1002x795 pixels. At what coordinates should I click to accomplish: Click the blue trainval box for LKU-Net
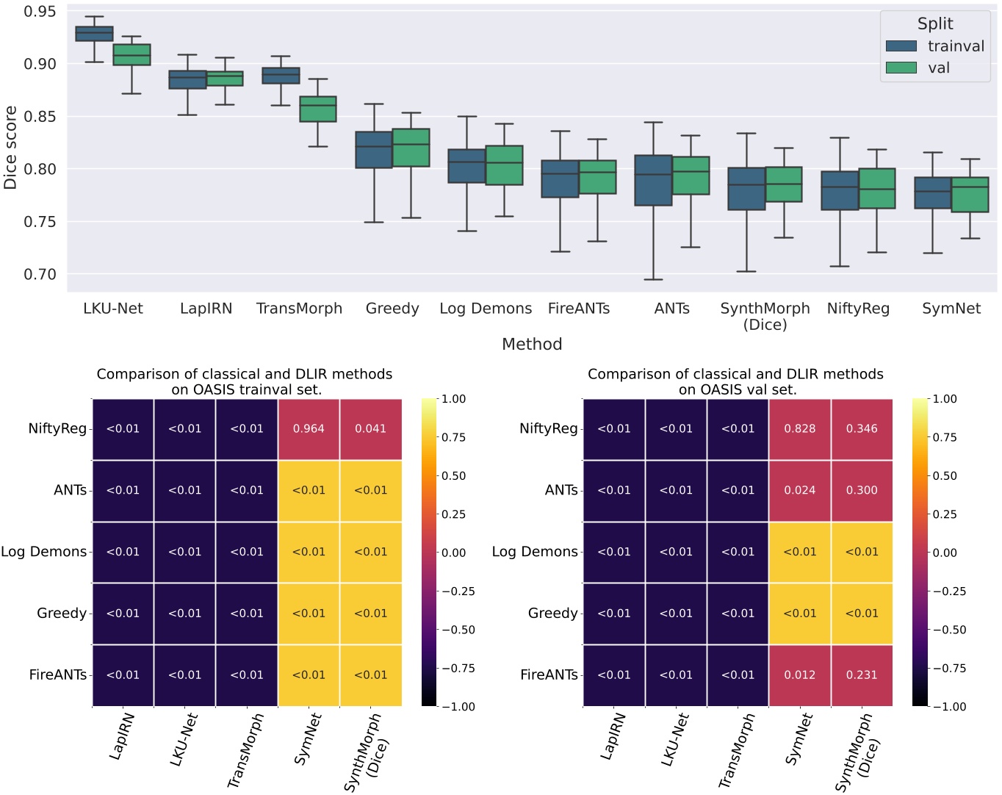[94, 34]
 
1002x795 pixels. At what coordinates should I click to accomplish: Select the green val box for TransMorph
[317, 109]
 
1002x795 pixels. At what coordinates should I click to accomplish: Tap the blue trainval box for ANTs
[653, 180]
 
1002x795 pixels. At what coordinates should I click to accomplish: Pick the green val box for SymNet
[970, 194]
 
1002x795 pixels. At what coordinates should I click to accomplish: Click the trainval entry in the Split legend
[934, 46]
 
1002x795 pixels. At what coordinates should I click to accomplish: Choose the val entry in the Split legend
[918, 68]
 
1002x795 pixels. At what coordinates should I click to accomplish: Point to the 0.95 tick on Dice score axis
[40, 12]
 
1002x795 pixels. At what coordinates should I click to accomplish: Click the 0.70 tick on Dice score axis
[40, 274]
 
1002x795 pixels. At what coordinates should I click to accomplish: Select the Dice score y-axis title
[10, 148]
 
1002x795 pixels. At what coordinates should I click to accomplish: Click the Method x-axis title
[532, 344]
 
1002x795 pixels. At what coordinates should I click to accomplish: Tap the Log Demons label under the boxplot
[486, 309]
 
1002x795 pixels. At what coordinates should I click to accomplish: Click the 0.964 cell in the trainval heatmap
[309, 429]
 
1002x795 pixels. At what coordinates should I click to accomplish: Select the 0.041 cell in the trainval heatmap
[370, 429]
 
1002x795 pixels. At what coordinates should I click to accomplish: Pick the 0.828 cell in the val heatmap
[799, 429]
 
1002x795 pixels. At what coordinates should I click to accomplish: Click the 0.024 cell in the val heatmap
[799, 490]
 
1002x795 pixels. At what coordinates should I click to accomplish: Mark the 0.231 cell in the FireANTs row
[862, 675]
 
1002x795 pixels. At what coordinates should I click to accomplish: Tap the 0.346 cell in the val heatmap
[862, 429]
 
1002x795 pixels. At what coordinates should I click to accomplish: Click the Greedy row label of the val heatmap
[552, 614]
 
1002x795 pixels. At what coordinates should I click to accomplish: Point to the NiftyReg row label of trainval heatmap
[57, 429]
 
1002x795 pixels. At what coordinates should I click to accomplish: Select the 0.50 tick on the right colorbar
[944, 475]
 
